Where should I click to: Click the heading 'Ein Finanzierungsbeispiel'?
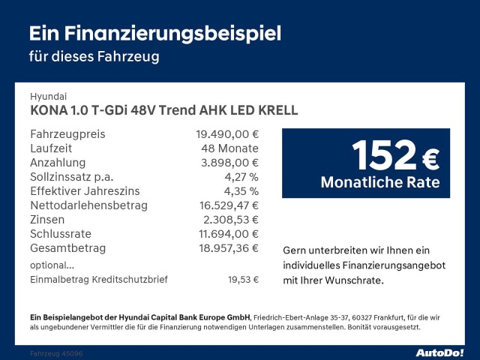155,34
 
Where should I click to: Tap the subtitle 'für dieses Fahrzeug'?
94,56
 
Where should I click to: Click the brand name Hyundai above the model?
49,97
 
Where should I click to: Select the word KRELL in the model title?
277,110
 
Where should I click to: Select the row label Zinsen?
47,220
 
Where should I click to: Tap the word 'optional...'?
52,265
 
